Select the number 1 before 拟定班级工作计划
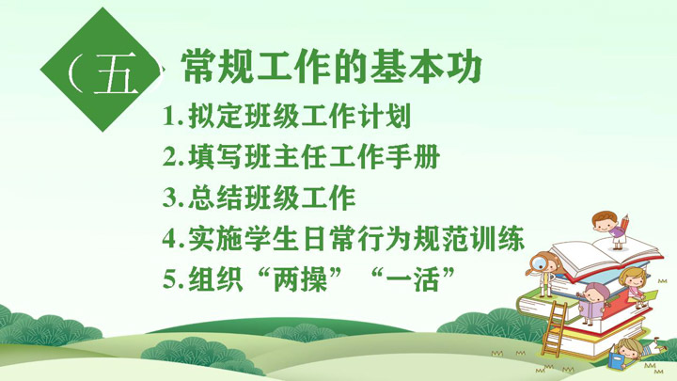169,116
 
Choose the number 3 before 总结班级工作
169,198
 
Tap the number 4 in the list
169,238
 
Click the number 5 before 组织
169,279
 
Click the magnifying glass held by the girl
538,263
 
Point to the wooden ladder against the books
554,329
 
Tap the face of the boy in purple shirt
603,224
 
